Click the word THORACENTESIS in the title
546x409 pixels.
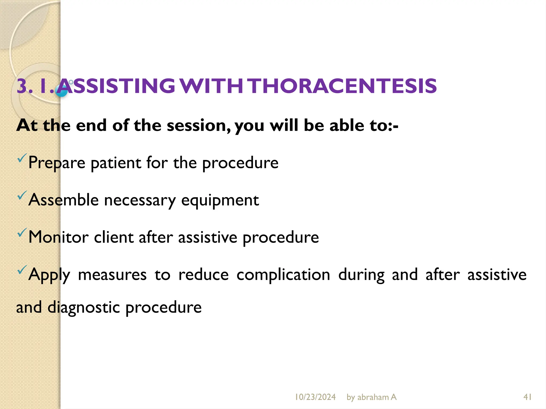pos(343,86)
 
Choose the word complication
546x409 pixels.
pos(283,275)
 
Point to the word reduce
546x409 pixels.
pos(203,275)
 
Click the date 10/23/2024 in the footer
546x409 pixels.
pos(315,397)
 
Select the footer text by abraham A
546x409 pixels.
pos(371,397)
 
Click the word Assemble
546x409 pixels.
pos(63,200)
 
